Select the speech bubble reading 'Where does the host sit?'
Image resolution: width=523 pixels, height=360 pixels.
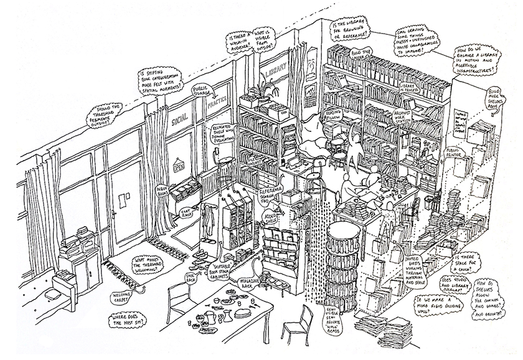pos(128,321)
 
